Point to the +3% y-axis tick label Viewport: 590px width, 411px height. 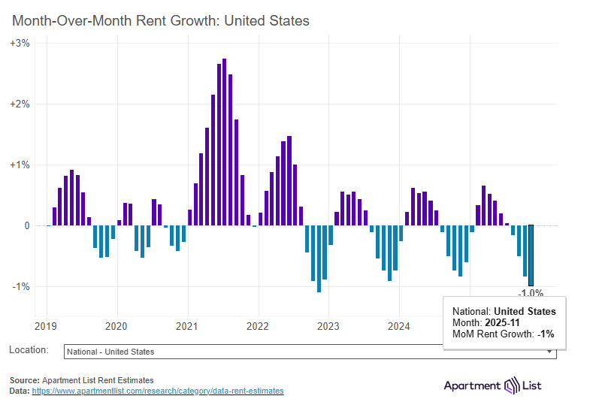pos(20,44)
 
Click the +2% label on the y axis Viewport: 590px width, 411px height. pos(20,104)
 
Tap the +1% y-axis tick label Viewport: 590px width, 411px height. pos(20,165)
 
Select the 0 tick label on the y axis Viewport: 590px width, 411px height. pos(27,225)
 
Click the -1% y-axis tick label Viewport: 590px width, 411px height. pos(21,286)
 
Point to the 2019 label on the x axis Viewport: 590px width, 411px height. pos(46,326)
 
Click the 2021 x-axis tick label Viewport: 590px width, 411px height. pos(186,326)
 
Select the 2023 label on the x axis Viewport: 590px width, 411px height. pos(328,326)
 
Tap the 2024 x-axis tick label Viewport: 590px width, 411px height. pos(399,326)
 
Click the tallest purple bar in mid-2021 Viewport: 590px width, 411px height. pos(224,142)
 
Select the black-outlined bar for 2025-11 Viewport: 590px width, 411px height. pos(531,255)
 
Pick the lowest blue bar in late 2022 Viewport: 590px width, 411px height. pos(319,258)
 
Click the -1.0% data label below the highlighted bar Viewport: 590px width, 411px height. pos(531,292)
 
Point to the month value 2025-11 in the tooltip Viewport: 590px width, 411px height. pos(502,322)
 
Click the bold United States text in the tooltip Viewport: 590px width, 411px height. pos(525,311)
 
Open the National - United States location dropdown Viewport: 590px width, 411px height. pos(310,352)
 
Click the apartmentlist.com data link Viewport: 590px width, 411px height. pos(158,391)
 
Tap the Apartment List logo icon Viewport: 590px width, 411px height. pos(511,385)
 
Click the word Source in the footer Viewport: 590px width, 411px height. pos(25,380)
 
